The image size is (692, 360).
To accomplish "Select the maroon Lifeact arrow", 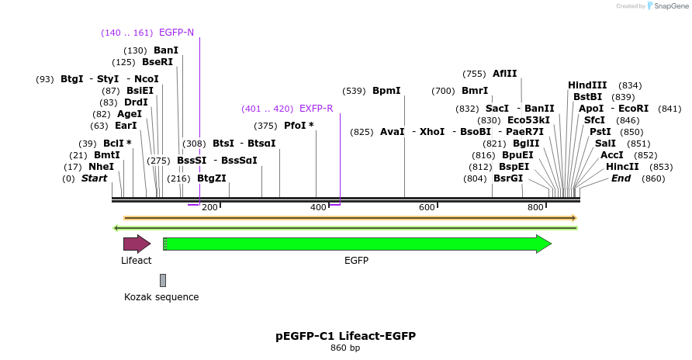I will (x=136, y=244).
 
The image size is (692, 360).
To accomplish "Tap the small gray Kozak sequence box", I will (x=162, y=280).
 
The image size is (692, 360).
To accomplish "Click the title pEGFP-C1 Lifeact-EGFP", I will (x=345, y=336).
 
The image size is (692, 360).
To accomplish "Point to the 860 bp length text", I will (x=345, y=348).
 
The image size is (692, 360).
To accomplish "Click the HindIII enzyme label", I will (x=587, y=85).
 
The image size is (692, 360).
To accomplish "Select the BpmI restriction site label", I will (x=386, y=91).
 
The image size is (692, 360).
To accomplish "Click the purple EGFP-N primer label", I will (x=176, y=33).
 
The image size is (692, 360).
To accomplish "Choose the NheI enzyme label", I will (x=101, y=167).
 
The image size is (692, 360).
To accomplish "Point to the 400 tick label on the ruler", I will (x=318, y=208).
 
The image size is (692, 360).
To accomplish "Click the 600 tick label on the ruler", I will (x=427, y=208).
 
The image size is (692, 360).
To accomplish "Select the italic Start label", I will (x=94, y=178).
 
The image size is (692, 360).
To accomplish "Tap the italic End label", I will (x=621, y=178).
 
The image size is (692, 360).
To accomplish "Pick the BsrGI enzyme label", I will (x=508, y=178).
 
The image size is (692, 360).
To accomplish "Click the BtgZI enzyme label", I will (x=212, y=178).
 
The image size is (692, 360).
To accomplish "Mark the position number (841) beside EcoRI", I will (x=669, y=109).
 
